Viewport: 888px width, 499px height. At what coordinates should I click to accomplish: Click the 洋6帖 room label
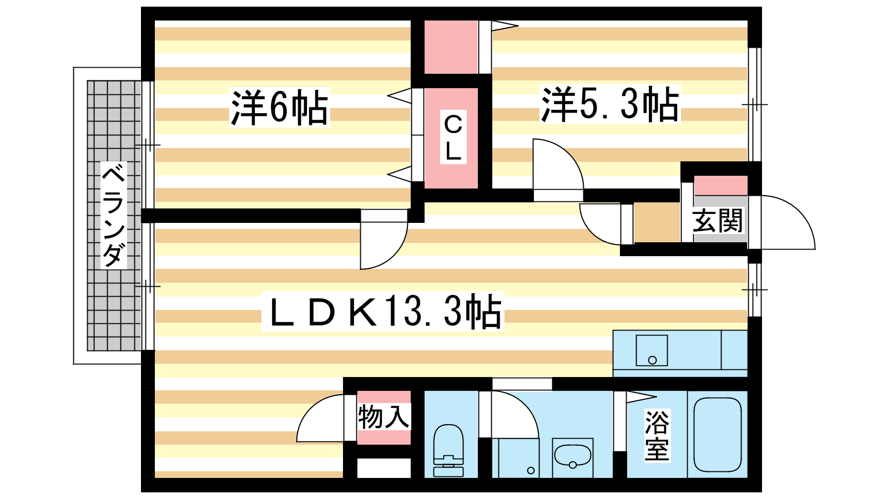click(x=280, y=108)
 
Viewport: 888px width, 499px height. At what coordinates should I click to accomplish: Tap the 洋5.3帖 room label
click(x=610, y=104)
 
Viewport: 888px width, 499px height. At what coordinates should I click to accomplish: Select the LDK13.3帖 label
click(x=383, y=311)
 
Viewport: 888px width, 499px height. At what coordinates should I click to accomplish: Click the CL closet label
click(x=453, y=137)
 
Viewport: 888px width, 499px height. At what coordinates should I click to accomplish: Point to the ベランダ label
click(x=113, y=216)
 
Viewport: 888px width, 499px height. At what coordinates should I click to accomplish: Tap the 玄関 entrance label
click(x=718, y=221)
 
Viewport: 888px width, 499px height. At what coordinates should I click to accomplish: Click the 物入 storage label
click(x=384, y=417)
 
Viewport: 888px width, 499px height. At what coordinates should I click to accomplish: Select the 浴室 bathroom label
click(x=657, y=436)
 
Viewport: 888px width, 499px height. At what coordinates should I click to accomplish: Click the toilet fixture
click(x=448, y=450)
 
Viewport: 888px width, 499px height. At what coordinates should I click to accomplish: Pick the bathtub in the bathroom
click(x=718, y=435)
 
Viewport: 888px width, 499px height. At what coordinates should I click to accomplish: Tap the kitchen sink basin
click(x=652, y=350)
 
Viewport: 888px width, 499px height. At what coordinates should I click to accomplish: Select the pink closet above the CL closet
click(x=451, y=47)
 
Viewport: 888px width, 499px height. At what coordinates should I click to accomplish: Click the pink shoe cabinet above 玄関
click(x=721, y=186)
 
